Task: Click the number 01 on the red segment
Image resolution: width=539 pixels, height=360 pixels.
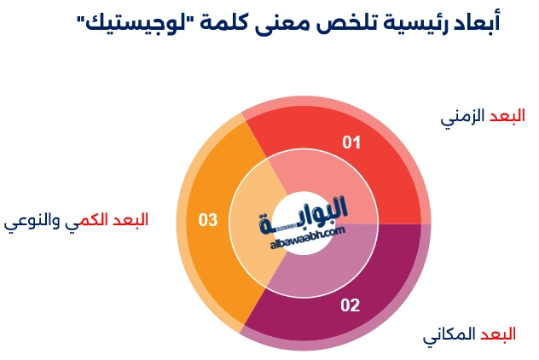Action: (351, 142)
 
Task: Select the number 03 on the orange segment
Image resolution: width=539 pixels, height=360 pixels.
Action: (208, 220)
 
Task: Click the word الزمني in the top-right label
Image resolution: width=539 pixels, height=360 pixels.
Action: (461, 117)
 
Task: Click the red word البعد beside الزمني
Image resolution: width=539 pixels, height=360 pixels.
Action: (506, 116)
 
